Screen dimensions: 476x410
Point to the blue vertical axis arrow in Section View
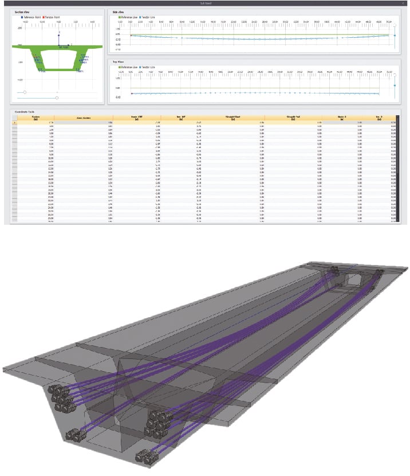58,36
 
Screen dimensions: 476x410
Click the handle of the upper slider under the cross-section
25,92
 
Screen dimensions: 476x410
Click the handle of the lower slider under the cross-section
57,98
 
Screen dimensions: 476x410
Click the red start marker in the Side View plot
131,36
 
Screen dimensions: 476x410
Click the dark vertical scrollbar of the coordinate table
396,166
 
